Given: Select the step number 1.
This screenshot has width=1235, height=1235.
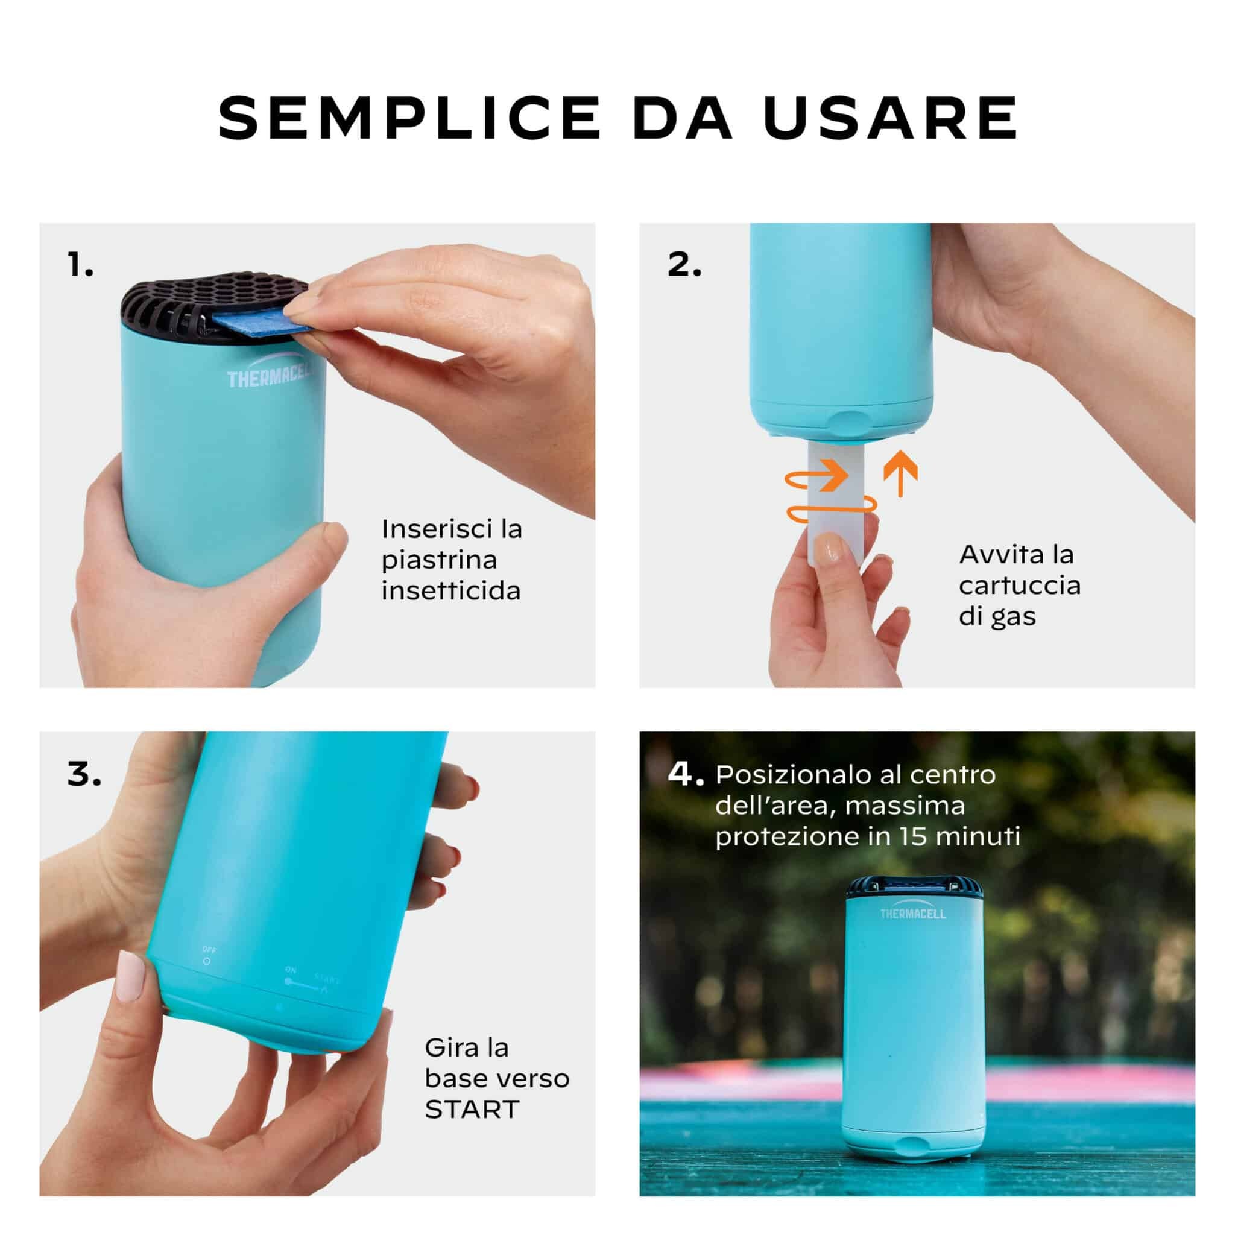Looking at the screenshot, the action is (x=81, y=264).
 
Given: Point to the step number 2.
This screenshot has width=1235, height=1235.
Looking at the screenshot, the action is (x=684, y=264).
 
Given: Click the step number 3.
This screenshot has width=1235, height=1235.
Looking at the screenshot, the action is (x=84, y=774).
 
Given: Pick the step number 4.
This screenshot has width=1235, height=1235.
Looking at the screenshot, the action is (x=686, y=774).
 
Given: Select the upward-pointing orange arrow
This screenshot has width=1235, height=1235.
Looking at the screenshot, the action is (x=901, y=473).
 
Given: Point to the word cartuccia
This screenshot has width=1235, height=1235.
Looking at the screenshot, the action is (x=1020, y=585).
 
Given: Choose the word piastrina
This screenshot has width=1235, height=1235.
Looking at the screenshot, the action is (x=439, y=561).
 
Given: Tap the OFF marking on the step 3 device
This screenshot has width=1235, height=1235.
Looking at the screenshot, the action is (x=209, y=949).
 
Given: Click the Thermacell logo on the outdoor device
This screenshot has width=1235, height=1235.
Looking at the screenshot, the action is (x=913, y=914).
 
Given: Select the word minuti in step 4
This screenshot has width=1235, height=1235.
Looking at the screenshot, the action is (x=975, y=837).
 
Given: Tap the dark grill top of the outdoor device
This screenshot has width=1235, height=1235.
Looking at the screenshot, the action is (x=914, y=887).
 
